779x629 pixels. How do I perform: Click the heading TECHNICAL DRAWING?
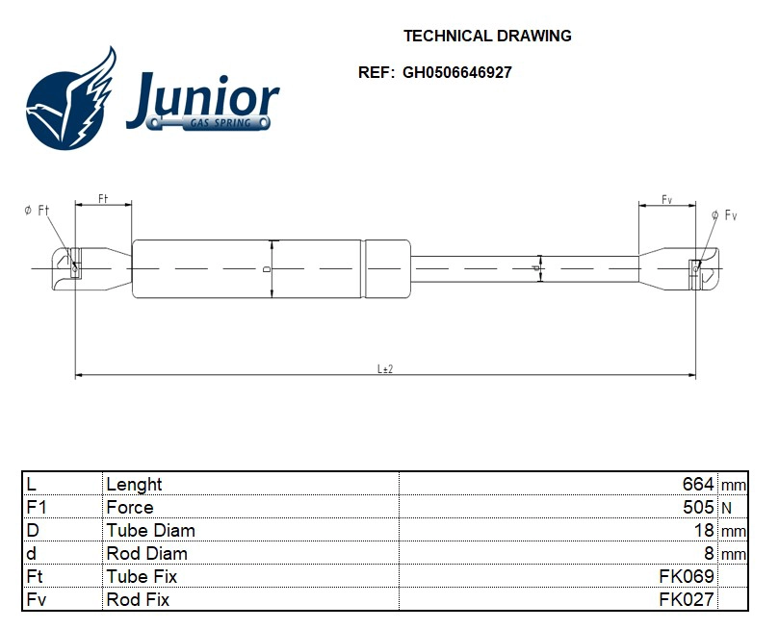(x=486, y=37)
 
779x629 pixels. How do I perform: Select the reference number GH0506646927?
(x=456, y=72)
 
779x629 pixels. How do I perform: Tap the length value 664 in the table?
(x=697, y=484)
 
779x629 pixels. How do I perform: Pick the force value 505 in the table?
(x=697, y=507)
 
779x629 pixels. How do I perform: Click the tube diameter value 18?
(x=704, y=530)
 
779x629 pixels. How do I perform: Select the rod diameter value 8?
(x=709, y=553)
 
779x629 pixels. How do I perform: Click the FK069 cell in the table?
(x=686, y=576)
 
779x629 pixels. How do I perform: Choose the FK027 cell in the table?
(x=686, y=599)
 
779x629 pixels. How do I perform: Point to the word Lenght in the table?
(x=134, y=484)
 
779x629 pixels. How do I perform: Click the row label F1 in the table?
(x=37, y=507)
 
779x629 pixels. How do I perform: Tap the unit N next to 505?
(x=726, y=507)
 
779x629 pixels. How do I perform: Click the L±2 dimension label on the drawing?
(x=385, y=369)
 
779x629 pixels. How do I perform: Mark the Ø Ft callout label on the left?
(x=37, y=211)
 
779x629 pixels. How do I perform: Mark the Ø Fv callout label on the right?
(x=723, y=214)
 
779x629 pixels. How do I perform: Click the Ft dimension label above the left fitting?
(x=103, y=198)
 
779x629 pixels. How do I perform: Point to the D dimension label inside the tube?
(x=267, y=269)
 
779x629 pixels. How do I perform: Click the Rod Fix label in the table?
(x=138, y=599)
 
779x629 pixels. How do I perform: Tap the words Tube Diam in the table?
(x=150, y=530)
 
